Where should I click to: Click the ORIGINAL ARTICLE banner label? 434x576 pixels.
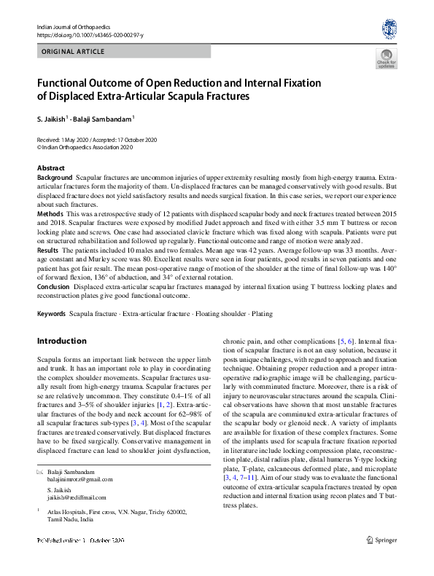tap(74, 52)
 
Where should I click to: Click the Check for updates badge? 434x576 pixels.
tap(386, 59)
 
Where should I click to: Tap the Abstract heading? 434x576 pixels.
tap(50, 168)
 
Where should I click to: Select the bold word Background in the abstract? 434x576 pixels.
tap(55, 178)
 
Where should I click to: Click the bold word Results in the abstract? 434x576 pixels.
tap(49, 249)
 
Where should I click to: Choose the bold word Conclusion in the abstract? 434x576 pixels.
tap(54, 286)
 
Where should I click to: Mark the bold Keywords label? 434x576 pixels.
tap(51, 314)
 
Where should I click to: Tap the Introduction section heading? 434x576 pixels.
tap(61, 341)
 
